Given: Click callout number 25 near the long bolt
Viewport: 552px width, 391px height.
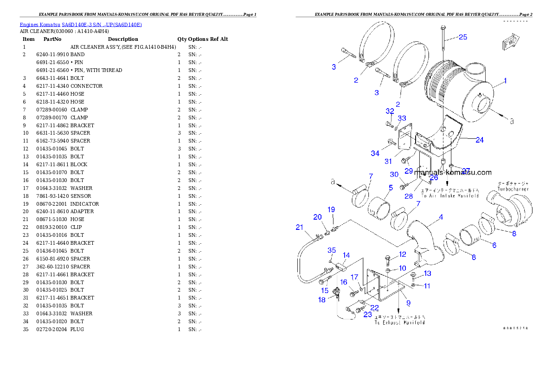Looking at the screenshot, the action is click(x=463, y=37).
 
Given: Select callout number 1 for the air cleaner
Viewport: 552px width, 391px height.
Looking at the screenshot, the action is click(x=505, y=80).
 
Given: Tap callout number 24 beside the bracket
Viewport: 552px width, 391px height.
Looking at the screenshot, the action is click(x=479, y=139).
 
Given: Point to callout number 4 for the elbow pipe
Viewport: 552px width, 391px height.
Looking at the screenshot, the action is click(x=441, y=217).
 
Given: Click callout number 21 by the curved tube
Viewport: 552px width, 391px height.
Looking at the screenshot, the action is click(x=299, y=227).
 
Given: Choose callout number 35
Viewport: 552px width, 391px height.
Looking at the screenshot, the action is click(x=332, y=250).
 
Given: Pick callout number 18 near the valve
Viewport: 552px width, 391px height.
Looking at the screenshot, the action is click(x=322, y=300).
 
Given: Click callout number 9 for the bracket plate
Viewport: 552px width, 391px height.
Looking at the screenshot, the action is click(x=408, y=303).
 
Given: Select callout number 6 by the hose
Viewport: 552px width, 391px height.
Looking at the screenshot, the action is click(x=494, y=245).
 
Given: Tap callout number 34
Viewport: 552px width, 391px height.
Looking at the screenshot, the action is click(x=375, y=153).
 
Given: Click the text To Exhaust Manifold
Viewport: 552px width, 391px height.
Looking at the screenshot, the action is click(x=399, y=322).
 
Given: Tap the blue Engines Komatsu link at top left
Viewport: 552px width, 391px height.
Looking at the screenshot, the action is click(x=80, y=24).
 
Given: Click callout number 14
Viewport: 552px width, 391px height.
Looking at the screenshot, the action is click(x=346, y=255).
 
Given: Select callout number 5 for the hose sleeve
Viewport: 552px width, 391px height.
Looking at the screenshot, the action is click(x=391, y=188).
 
